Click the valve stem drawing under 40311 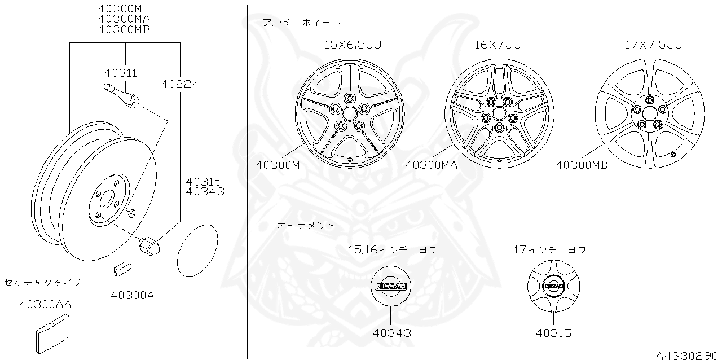click(x=123, y=96)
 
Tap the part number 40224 click(x=180, y=84)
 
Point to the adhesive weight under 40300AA click(x=52, y=336)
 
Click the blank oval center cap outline click(x=197, y=251)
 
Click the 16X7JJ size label click(x=498, y=44)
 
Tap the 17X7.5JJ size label click(x=653, y=44)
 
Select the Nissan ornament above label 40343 click(x=391, y=286)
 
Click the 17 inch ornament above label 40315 click(x=553, y=286)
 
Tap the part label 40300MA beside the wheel click(x=431, y=165)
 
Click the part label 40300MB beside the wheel click(x=582, y=165)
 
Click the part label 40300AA click(x=45, y=304)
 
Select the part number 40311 click(x=121, y=73)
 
